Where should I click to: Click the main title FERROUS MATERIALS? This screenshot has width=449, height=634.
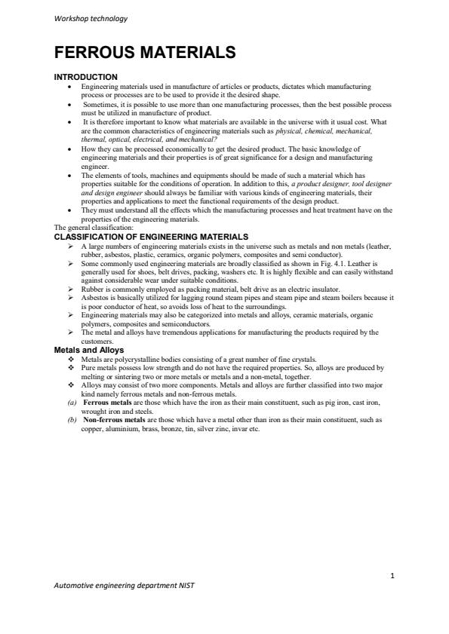[145, 53]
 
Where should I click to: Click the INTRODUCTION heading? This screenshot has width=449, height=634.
[85, 77]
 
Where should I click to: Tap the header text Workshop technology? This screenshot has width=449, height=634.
[91, 19]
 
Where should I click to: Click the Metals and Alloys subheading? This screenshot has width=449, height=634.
[89, 350]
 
